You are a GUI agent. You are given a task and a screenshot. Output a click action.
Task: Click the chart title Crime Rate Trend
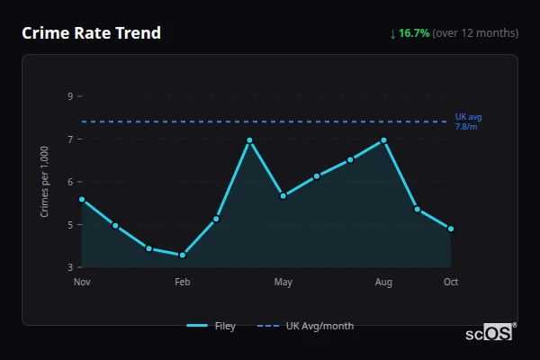pyautogui.click(x=91, y=33)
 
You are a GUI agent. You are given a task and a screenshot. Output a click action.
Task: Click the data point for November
pyautogui.click(x=82, y=199)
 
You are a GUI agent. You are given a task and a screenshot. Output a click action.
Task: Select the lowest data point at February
pyautogui.click(x=183, y=255)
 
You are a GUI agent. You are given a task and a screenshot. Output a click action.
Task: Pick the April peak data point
pyautogui.click(x=249, y=140)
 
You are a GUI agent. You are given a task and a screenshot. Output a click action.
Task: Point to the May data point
pyautogui.click(x=283, y=195)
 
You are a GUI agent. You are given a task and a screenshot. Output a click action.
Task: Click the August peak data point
pyautogui.click(x=383, y=140)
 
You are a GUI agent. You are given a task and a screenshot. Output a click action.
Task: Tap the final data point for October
pyautogui.click(x=451, y=229)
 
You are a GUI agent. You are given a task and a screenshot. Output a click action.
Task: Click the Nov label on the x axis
pyautogui.click(x=82, y=283)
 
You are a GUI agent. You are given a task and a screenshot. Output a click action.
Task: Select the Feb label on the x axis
pyautogui.click(x=183, y=283)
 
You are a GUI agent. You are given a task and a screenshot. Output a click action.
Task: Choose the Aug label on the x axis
pyautogui.click(x=383, y=283)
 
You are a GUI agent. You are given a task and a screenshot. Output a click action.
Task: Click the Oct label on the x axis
pyautogui.click(x=451, y=283)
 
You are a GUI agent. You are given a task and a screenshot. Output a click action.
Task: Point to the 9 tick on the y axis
pyautogui.click(x=70, y=96)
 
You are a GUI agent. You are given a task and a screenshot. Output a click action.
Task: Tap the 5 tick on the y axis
pyautogui.click(x=70, y=225)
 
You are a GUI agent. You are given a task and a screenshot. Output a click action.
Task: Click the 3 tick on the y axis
pyautogui.click(x=70, y=267)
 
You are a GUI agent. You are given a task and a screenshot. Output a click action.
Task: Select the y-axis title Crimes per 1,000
pyautogui.click(x=44, y=182)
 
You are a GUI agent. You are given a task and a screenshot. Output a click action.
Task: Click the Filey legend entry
pyautogui.click(x=211, y=326)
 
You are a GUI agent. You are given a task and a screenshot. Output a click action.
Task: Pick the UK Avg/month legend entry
pyautogui.click(x=306, y=326)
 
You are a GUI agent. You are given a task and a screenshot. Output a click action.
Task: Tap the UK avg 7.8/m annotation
pyautogui.click(x=469, y=121)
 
